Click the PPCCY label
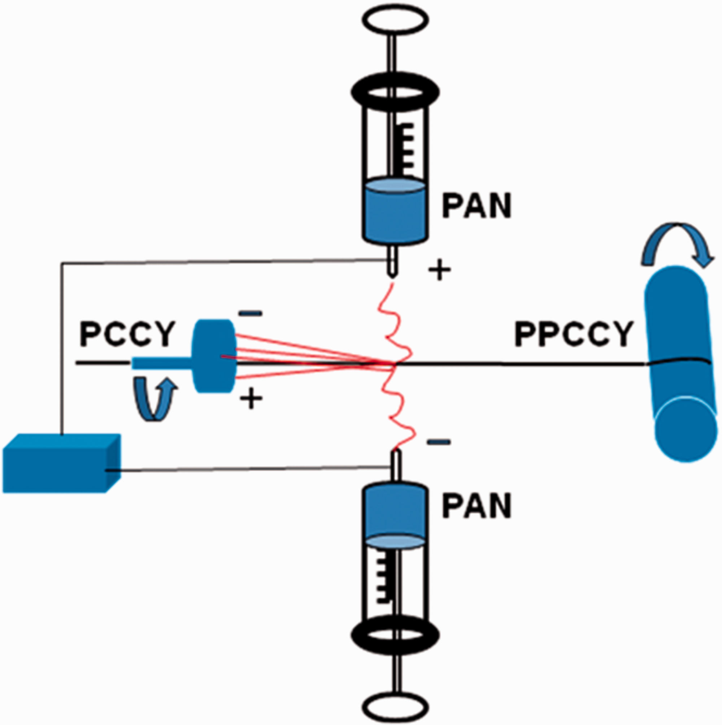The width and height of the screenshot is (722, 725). point(574,334)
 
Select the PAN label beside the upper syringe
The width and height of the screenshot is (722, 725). point(477,205)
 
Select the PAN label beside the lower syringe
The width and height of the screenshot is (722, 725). point(477,506)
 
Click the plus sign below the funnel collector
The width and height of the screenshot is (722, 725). point(251,398)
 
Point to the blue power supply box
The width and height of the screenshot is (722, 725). point(62,463)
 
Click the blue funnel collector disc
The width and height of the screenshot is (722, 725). point(214,356)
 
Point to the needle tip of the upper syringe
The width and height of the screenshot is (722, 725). point(393,277)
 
